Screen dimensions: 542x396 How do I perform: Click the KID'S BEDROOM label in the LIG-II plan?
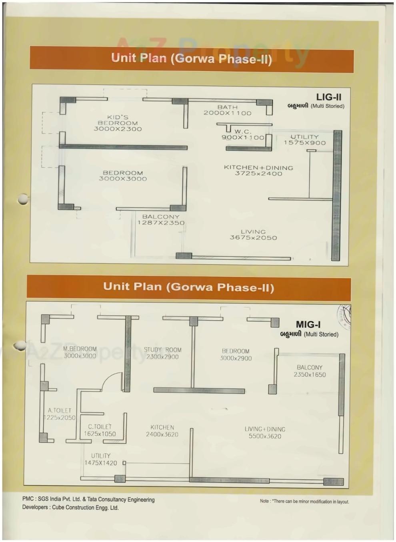pos(118,123)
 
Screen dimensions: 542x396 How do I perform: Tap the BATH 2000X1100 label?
pos(227,110)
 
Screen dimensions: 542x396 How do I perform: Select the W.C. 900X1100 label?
pos(243,134)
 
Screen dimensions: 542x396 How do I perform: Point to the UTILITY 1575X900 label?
pos(305,140)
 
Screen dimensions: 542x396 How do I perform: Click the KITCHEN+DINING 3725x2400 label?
pos(258,171)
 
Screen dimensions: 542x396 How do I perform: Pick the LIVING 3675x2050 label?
pos(253,235)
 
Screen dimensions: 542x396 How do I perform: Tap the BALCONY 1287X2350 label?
pos(161,220)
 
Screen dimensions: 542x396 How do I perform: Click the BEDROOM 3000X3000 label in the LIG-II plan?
pos(123,176)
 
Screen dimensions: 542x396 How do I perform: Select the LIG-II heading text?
pos(328,97)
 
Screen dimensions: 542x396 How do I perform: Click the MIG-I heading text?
pos(308,324)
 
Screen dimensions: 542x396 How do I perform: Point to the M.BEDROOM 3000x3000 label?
pos(80,352)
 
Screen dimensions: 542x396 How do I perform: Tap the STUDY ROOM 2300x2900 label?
pos(162,353)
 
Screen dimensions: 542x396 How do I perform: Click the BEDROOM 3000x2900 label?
pos(236,355)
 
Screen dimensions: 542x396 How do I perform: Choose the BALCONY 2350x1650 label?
pos(310,371)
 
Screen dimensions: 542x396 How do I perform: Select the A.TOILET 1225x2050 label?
pos(60,414)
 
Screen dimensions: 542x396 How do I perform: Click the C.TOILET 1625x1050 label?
pos(100,430)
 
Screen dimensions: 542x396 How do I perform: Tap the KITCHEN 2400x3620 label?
pos(162,431)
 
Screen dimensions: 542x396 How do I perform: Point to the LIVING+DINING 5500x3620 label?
pos(265,433)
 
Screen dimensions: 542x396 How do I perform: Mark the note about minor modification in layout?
pos(304,501)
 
